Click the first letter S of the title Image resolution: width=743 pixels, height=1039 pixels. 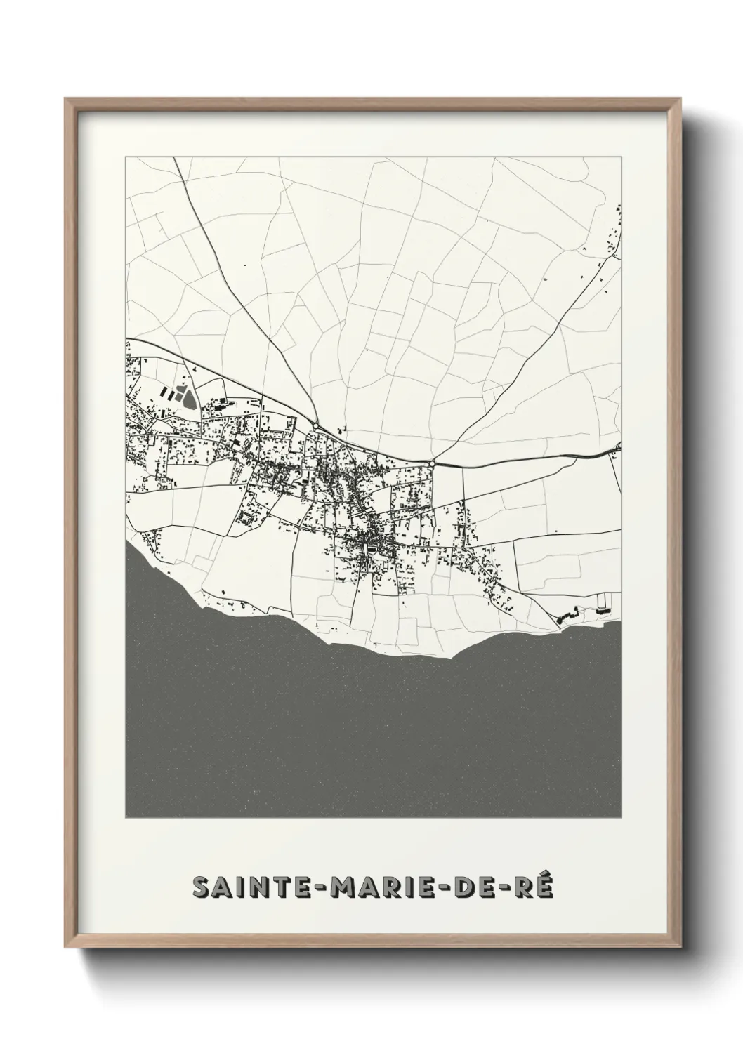(200, 887)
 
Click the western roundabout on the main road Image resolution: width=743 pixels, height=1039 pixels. (317, 426)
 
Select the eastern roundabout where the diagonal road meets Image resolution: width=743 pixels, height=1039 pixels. (431, 463)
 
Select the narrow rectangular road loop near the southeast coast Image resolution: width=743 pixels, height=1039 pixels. (603, 601)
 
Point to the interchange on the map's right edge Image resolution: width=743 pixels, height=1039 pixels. (617, 448)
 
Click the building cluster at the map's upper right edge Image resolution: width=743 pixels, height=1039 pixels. (611, 235)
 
